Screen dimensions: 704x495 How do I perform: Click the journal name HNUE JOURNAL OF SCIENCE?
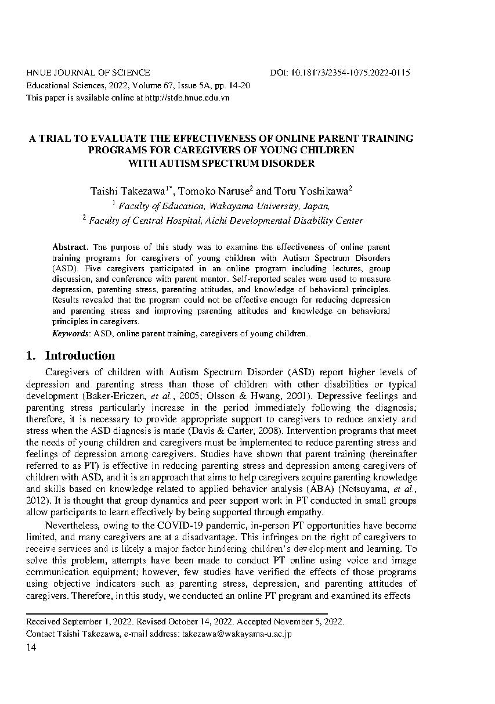click(88, 73)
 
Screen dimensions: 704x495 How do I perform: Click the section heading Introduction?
click(80, 355)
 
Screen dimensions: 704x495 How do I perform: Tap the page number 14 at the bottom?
click(31, 648)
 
